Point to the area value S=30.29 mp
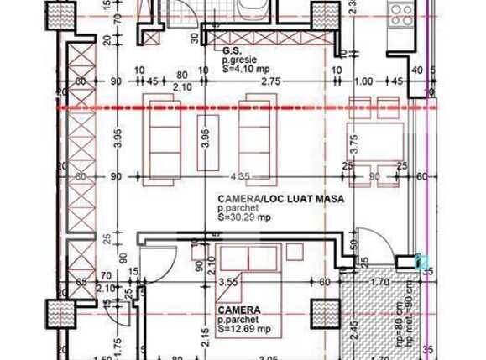click(x=240, y=216)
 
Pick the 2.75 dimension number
click(x=270, y=81)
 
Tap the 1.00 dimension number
click(x=363, y=81)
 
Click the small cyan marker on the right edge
click(x=421, y=262)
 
